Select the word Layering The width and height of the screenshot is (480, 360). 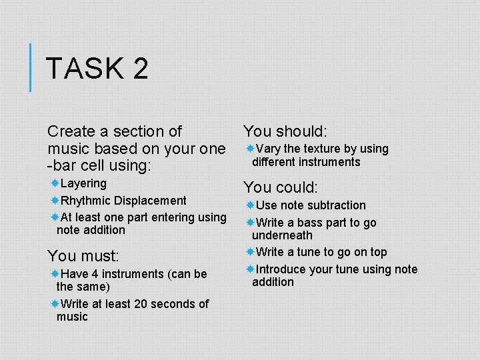tap(83, 183)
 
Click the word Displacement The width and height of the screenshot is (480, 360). tap(151, 200)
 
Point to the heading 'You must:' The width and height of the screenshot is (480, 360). tap(83, 255)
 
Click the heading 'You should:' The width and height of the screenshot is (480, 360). tap(285, 131)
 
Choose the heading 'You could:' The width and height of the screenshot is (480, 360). tap(281, 187)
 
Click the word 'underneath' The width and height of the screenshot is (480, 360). tap(282, 235)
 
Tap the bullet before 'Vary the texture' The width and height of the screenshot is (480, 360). tap(249, 148)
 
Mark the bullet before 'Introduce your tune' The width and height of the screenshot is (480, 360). tap(249, 269)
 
